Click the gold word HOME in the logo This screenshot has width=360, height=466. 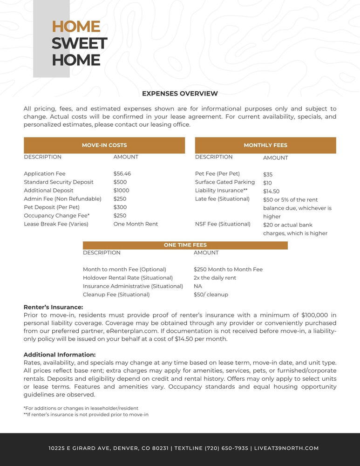pos(76,27)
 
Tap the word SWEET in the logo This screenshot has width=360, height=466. pos(79,43)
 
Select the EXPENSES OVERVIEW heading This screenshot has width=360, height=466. pos(180,94)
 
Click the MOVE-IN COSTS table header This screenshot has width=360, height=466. pos(104,145)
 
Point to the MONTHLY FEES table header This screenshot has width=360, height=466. pos(265,145)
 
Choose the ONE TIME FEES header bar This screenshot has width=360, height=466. pos(185,245)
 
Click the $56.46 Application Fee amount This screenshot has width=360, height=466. pos(122,174)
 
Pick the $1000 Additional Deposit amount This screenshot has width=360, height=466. pos(121,191)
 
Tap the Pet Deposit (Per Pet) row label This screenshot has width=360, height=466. pos(52,207)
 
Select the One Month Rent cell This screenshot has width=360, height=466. pos(136,224)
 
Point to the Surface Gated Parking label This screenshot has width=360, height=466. pos(225,182)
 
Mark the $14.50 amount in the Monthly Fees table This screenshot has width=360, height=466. pos(271,192)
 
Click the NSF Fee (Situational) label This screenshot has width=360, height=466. pos(223,224)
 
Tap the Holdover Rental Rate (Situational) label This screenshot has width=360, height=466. pos(128,278)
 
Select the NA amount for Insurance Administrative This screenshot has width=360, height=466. pos(198,286)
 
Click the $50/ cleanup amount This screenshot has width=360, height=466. pos(211,295)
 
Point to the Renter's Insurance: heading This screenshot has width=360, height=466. pos(53,307)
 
